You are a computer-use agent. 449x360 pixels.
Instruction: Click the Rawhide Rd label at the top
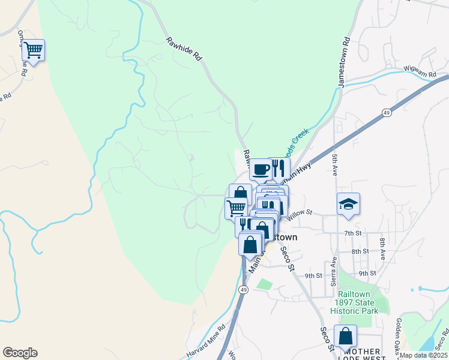[x=184, y=50]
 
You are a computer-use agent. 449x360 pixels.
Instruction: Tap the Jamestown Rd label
[x=345, y=63]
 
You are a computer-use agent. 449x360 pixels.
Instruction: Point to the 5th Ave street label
[x=334, y=164]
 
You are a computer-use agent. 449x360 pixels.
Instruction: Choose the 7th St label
[x=352, y=232]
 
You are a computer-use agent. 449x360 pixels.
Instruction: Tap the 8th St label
[x=360, y=251]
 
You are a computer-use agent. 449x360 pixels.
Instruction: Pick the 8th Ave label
[x=382, y=248]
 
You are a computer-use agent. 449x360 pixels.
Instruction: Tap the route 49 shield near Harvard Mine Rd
[x=243, y=290]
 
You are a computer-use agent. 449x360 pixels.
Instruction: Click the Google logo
[x=20, y=353]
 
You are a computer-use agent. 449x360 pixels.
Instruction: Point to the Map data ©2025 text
[x=423, y=355]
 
